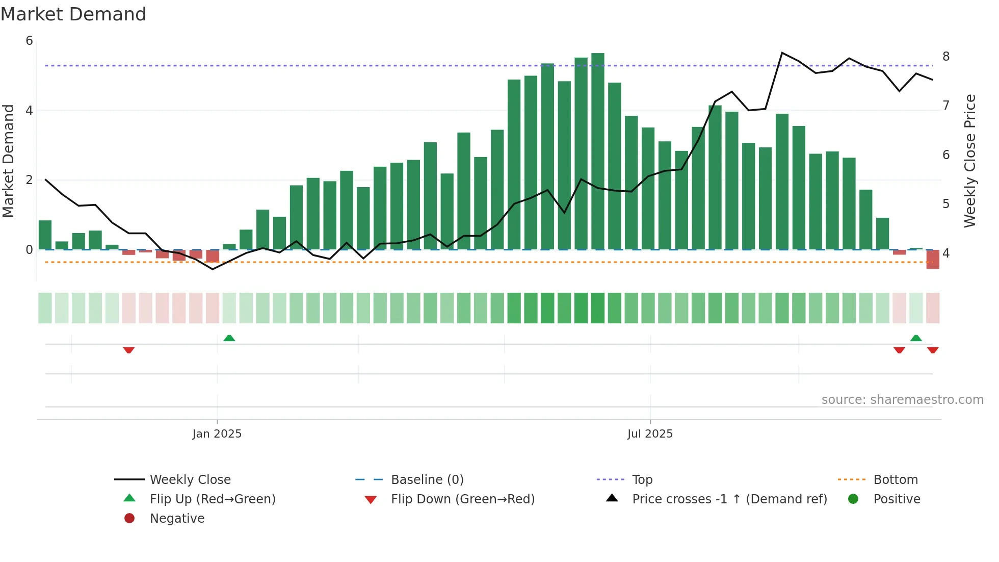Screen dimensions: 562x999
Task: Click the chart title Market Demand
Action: [x=73, y=14]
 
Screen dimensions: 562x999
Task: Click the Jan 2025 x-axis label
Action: [x=217, y=434]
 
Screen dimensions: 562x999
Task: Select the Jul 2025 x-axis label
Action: [x=650, y=434]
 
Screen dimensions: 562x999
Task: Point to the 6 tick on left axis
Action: [x=29, y=41]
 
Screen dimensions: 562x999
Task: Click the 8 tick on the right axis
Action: [x=946, y=57]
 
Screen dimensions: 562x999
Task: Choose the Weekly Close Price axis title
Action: [x=969, y=161]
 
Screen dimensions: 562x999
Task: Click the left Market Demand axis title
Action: [x=8, y=161]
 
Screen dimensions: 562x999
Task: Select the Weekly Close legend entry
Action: [x=190, y=480]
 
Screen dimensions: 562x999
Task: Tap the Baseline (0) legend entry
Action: [x=427, y=480]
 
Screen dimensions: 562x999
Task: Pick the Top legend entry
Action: [x=642, y=480]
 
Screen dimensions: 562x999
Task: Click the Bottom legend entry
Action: [x=895, y=480]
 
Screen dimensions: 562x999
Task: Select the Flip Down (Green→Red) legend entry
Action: [x=462, y=499]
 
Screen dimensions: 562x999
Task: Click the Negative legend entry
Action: [x=176, y=519]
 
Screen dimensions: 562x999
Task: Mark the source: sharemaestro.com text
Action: [x=902, y=400]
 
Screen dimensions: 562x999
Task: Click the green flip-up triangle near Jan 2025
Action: [x=229, y=338]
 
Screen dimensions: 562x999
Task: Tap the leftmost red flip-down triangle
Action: [x=128, y=350]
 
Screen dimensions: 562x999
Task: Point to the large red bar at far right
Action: [x=933, y=260]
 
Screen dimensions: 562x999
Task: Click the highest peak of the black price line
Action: [x=782, y=53]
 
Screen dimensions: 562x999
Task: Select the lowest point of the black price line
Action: [x=213, y=269]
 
